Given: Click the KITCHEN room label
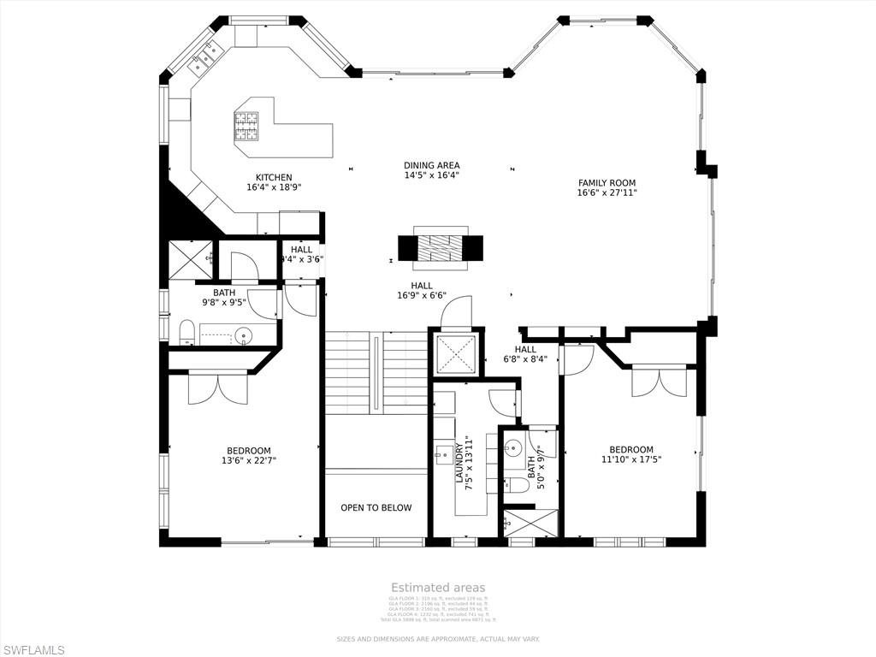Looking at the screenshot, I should pyautogui.click(x=273, y=177).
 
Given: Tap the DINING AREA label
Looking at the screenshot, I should pyautogui.click(x=431, y=165).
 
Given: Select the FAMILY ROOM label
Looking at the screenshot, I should pyautogui.click(x=607, y=182).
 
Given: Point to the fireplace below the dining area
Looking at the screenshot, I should pyautogui.click(x=440, y=247).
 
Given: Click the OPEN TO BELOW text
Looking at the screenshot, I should pyautogui.click(x=376, y=507).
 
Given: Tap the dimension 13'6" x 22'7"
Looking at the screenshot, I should pyautogui.click(x=248, y=460).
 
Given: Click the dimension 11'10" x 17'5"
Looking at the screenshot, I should pyautogui.click(x=630, y=459).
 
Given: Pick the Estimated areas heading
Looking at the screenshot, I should pyautogui.click(x=438, y=587).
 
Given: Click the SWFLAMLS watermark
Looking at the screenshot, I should pyautogui.click(x=33, y=649).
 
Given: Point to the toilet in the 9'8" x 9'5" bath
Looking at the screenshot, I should pyautogui.click(x=187, y=332).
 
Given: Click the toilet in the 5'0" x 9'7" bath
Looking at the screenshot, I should pyautogui.click(x=513, y=485).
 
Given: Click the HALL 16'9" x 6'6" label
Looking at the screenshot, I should pyautogui.click(x=421, y=286).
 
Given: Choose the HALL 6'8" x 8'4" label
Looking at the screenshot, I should pyautogui.click(x=525, y=349).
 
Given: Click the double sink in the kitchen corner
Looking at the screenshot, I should pyautogui.click(x=204, y=57).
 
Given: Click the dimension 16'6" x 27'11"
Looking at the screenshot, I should pyautogui.click(x=607, y=192).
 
